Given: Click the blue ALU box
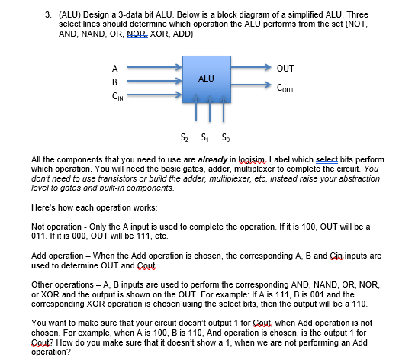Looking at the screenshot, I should pos(205,79).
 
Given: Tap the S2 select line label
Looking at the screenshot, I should pos(183,137).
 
